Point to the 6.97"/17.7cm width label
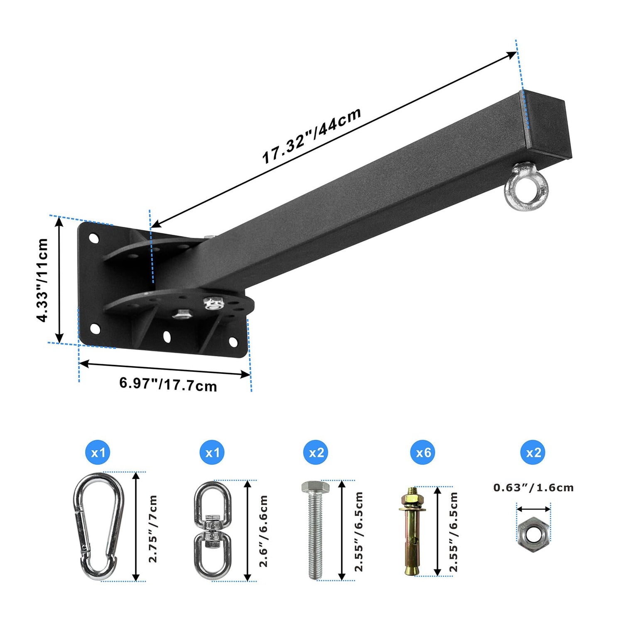[168, 384]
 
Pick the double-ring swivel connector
[212, 530]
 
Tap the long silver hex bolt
[316, 530]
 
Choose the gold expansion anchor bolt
[411, 532]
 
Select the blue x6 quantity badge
[423, 452]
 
